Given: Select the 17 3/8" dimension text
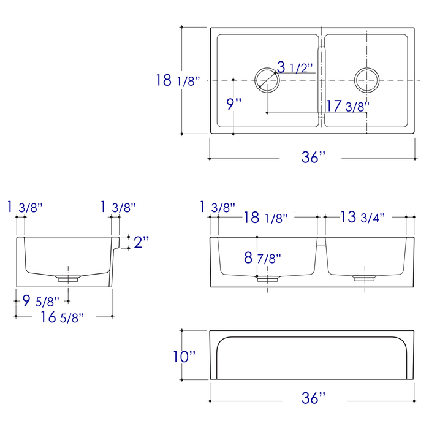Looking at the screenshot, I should point(347,105).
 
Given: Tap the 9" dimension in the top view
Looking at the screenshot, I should point(234,104).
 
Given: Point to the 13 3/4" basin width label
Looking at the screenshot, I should point(363,217).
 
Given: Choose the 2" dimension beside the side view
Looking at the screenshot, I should point(142,241).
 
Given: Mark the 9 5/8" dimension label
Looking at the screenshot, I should point(40,301).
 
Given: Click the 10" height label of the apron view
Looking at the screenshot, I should point(184,356).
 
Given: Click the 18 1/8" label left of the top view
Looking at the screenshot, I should point(178,80).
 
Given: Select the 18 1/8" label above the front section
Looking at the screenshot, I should point(266,217).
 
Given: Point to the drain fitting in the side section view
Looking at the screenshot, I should point(68,278).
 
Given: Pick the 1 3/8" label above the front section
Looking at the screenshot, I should point(217,207).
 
